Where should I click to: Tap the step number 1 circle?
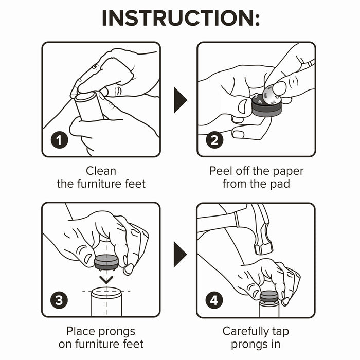(x=60, y=140)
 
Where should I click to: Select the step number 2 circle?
(x=214, y=140)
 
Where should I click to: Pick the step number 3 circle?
(x=59, y=300)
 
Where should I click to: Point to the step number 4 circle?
(x=214, y=300)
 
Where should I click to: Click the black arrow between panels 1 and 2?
(x=181, y=100)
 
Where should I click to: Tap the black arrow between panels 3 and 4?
(x=180, y=255)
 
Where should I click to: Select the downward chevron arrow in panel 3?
(x=106, y=280)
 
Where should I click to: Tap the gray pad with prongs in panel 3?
(x=106, y=262)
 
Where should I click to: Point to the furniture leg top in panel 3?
(x=106, y=293)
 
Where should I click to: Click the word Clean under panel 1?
(x=101, y=171)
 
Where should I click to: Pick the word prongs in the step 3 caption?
(x=117, y=332)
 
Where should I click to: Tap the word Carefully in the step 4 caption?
(x=245, y=332)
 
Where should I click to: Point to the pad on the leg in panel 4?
(x=269, y=297)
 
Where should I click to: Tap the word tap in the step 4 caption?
(x=281, y=332)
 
